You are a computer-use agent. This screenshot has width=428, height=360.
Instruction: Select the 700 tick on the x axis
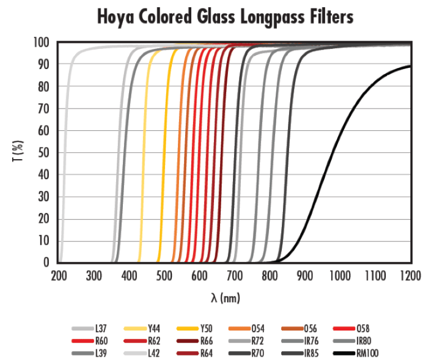pyautogui.click(x=235, y=274)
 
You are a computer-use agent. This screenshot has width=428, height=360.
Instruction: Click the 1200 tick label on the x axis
pyautogui.click(x=410, y=274)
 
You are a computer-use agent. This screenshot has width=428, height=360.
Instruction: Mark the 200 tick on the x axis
pyautogui.click(x=58, y=274)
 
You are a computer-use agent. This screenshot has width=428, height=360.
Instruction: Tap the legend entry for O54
pyautogui.click(x=258, y=328)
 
